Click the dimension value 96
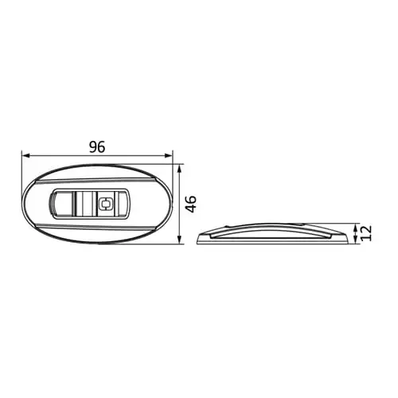[97, 147]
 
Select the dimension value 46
[191, 204]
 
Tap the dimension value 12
[367, 233]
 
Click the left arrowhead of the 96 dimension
[25, 156]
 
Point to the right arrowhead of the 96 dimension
[169, 156]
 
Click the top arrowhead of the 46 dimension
[180, 168]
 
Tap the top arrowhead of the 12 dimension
[356, 227]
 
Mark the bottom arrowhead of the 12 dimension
[356, 240]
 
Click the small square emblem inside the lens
[106, 204]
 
